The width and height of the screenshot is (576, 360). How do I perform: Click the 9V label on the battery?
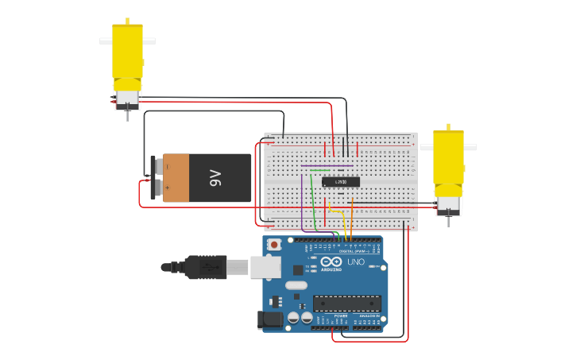point(215,177)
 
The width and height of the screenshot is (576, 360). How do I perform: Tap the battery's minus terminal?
point(157,166)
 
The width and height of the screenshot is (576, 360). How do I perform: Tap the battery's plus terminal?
point(157,188)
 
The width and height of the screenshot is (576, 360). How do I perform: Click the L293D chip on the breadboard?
point(340,182)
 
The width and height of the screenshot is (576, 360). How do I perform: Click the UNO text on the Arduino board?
point(356,261)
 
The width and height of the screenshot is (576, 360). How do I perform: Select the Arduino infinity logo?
point(331,261)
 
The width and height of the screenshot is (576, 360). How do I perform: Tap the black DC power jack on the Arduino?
point(270,319)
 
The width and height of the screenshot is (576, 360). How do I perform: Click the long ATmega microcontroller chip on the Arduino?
point(346,303)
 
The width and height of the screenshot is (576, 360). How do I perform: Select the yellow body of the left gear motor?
point(127,52)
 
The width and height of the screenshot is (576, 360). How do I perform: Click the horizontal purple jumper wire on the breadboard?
point(326,165)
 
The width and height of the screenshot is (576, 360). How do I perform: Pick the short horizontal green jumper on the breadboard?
point(319,169)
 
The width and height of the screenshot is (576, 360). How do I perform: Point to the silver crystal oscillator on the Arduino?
point(296,285)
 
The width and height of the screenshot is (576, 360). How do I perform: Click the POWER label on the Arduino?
point(340,315)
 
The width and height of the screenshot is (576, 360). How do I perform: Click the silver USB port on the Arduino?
point(265,267)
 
